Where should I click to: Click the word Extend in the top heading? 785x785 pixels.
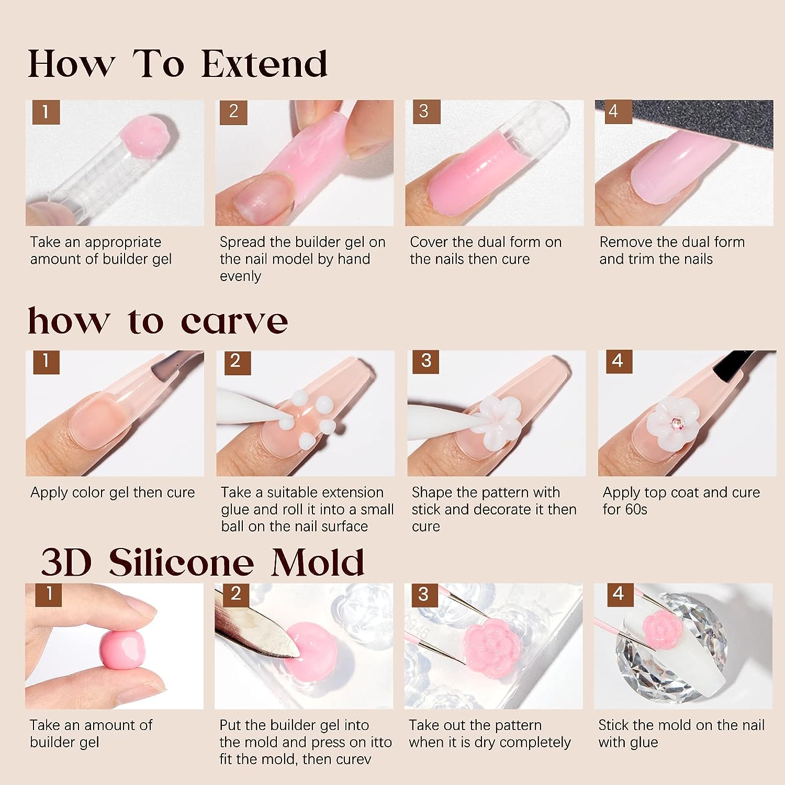(x=264, y=64)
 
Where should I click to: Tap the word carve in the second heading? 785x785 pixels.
(x=234, y=321)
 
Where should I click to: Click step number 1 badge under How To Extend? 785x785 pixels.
(x=46, y=112)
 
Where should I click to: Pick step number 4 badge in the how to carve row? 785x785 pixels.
(x=618, y=361)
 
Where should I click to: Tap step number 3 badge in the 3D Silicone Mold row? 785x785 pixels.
(x=423, y=594)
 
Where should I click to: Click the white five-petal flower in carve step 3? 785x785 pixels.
(x=495, y=413)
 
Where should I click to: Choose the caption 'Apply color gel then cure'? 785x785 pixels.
(x=113, y=492)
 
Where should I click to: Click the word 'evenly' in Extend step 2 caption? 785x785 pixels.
(x=240, y=276)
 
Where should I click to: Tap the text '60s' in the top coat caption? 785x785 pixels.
(x=635, y=509)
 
